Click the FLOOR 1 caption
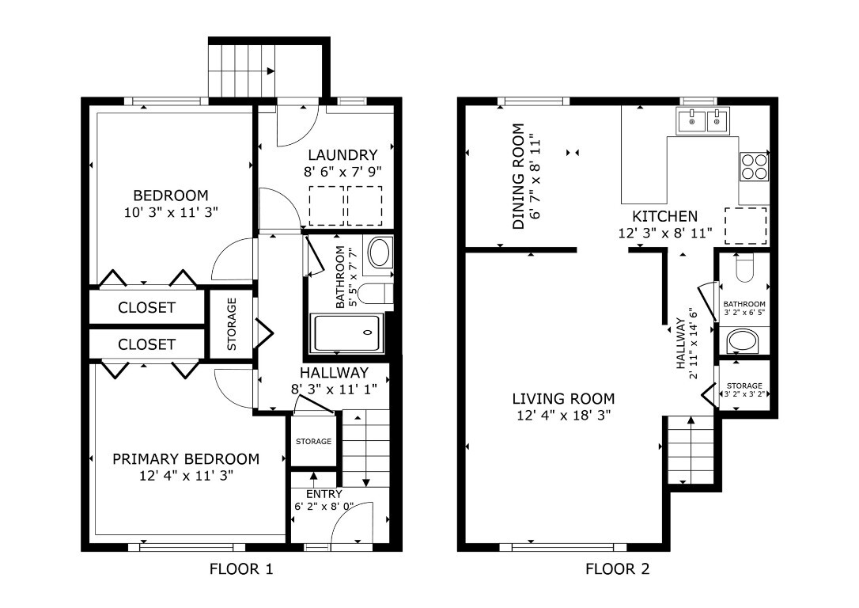[241, 568]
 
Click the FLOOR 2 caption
[617, 568]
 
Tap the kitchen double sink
[702, 121]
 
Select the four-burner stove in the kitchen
[754, 167]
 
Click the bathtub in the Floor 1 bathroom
[346, 333]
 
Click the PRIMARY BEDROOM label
[186, 459]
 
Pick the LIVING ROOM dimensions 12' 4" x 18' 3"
[562, 415]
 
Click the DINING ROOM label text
[519, 176]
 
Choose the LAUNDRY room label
[342, 155]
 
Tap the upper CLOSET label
[146, 308]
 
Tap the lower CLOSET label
[146, 344]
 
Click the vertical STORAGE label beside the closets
[232, 324]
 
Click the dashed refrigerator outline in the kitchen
[746, 225]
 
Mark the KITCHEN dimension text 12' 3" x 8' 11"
[664, 234]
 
